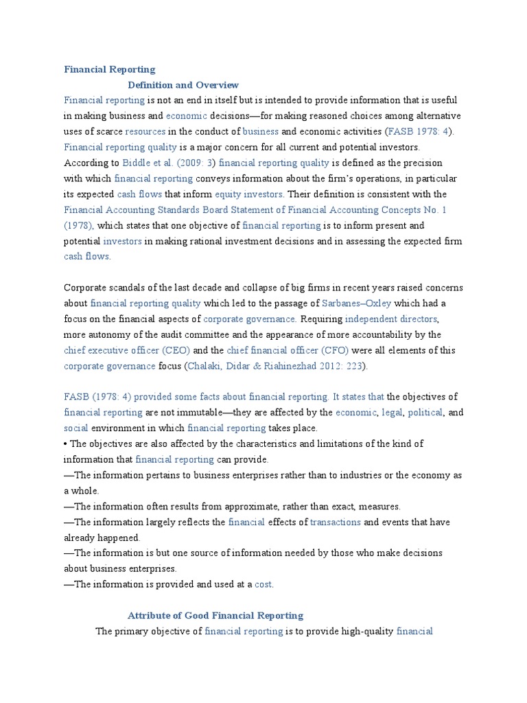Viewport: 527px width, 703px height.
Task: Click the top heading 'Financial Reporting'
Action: tap(110, 69)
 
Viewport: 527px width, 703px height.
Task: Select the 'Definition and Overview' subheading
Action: tap(183, 85)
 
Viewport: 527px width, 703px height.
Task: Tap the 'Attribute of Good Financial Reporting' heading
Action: tap(215, 616)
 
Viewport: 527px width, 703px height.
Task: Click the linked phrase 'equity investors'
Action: tap(255, 194)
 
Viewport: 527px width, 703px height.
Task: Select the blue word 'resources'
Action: tap(145, 131)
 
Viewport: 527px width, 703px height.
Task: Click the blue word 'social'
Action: tap(76, 428)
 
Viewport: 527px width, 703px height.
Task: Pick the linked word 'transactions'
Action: tap(336, 522)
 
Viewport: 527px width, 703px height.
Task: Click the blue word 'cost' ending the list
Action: tap(263, 585)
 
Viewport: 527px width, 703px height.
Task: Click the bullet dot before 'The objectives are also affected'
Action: tap(66, 444)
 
